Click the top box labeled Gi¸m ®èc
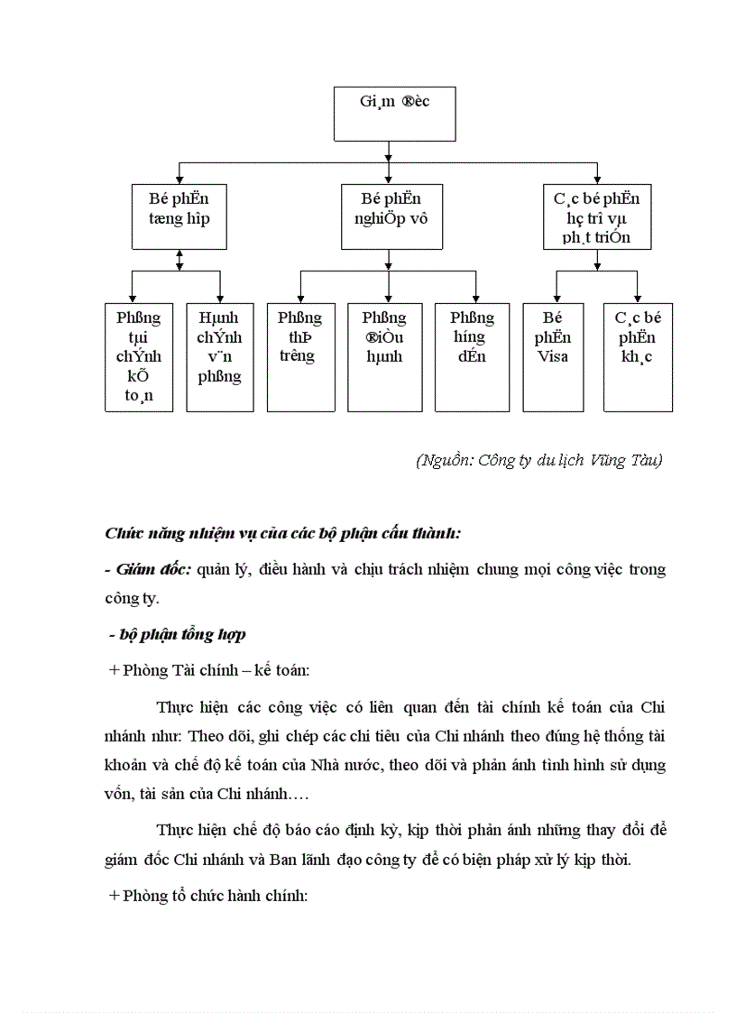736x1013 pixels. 394,114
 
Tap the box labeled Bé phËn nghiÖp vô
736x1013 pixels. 391,216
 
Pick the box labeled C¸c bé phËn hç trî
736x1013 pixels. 596,216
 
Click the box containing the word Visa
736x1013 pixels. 552,357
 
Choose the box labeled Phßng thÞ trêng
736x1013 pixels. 300,357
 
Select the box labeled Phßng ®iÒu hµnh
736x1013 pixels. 384,357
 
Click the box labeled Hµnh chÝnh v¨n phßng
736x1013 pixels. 220,357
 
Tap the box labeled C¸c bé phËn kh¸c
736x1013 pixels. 638,357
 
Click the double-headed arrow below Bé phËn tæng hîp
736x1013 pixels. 179,260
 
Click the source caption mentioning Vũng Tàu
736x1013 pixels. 539,461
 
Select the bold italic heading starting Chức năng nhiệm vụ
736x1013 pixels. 283,533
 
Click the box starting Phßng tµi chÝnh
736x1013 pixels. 139,357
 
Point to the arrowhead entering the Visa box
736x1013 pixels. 556,299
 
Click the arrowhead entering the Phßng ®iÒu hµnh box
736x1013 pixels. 388,299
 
